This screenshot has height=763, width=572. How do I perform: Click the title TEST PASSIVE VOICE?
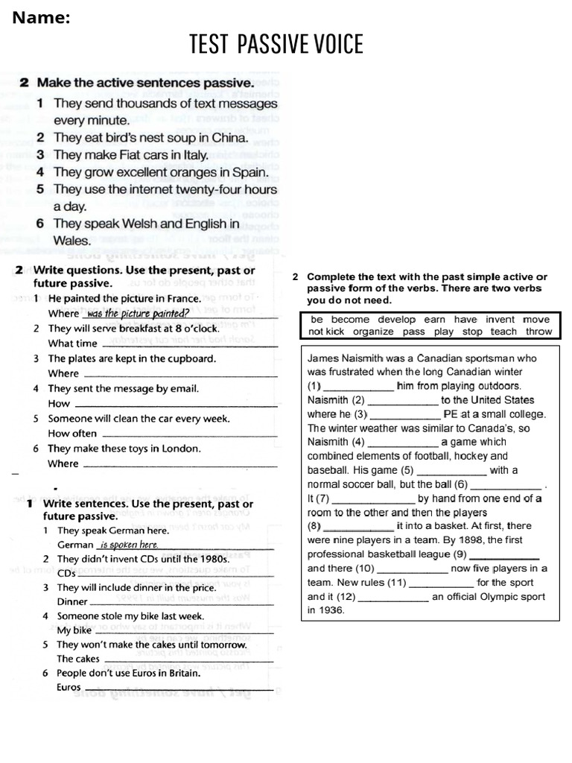tap(276, 45)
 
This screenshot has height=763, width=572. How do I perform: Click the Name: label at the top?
tap(41, 18)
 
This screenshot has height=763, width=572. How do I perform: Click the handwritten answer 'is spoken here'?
tap(129, 545)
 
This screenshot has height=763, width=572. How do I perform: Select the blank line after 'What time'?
tap(189, 344)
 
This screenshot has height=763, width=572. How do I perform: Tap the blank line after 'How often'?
tap(189, 434)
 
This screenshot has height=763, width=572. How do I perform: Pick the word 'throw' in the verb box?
tap(538, 332)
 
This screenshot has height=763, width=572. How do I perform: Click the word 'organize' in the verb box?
tap(373, 332)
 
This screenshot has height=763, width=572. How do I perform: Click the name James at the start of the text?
tap(325, 358)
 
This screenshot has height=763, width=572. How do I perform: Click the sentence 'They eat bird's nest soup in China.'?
tap(151, 138)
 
